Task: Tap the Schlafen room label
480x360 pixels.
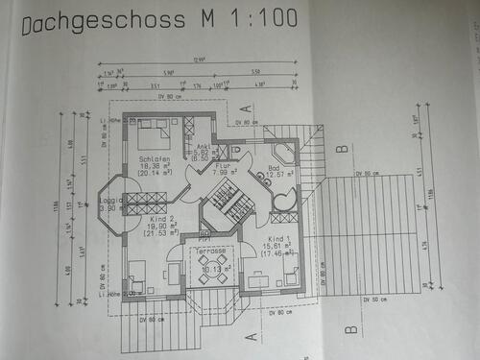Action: point(154,157)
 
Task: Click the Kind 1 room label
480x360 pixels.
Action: point(279,238)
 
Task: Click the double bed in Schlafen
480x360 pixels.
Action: point(153,130)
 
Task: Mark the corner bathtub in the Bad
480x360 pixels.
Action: point(283,156)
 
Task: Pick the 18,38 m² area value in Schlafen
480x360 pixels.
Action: point(154,165)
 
